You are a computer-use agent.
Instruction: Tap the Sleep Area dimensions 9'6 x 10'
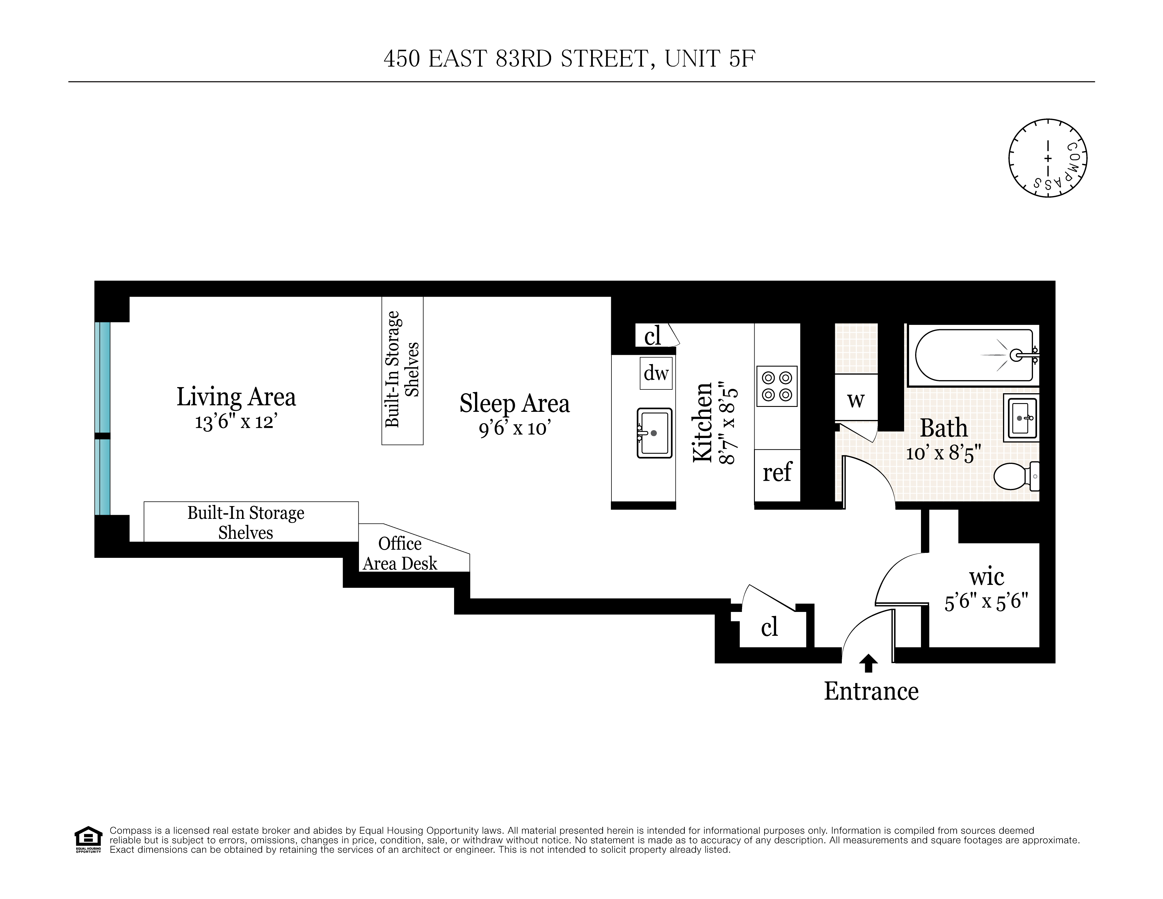[514, 428]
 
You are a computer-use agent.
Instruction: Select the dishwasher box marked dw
[655, 373]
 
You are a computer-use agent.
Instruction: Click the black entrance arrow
[869, 663]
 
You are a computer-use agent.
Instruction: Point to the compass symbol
[1048, 158]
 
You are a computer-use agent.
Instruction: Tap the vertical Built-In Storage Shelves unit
[402, 370]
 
